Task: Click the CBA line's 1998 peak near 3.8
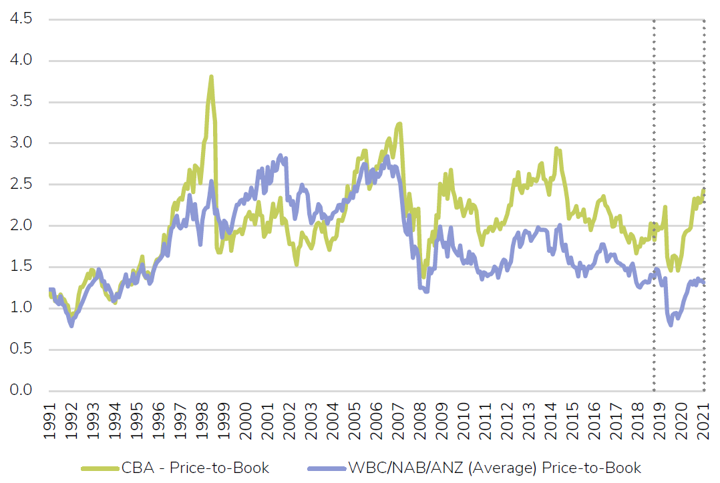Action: [x=211, y=77]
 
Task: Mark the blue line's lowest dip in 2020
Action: [x=671, y=324]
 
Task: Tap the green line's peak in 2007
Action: [x=399, y=123]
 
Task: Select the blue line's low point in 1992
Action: [x=71, y=326]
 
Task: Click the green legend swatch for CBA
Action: [x=99, y=468]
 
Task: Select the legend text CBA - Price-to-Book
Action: [x=195, y=468]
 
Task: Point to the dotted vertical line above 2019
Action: [x=654, y=200]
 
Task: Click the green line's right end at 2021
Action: [x=704, y=189]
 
